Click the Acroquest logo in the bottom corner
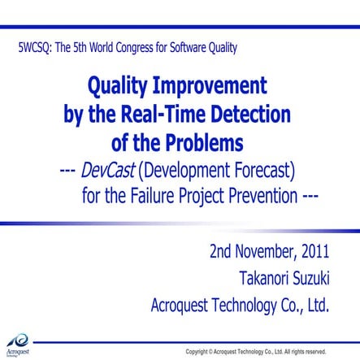click(18, 345)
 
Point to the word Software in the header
click(188, 47)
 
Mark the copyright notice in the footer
click(255, 351)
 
